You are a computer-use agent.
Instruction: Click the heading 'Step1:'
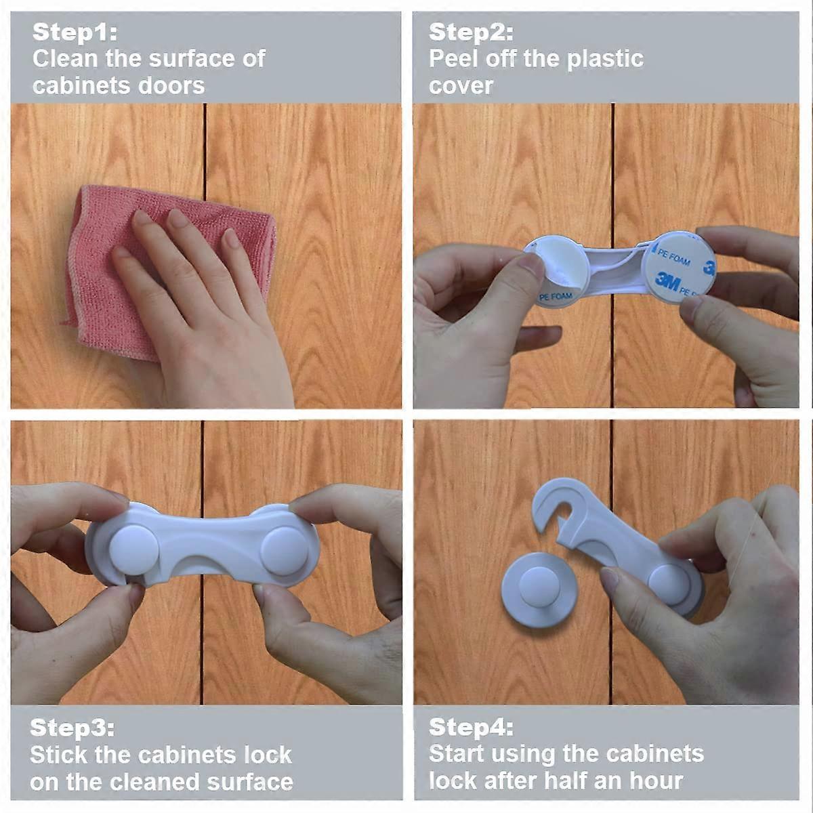point(75,32)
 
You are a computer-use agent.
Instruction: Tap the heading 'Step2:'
point(471,32)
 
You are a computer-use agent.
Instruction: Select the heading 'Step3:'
point(72,728)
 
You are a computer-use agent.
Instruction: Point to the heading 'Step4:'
point(471,728)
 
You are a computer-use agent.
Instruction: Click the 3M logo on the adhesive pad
point(667,280)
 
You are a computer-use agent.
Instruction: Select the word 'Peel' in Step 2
point(454,59)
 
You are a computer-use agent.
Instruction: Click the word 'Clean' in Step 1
point(65,59)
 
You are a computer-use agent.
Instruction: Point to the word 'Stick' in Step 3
point(58,755)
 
